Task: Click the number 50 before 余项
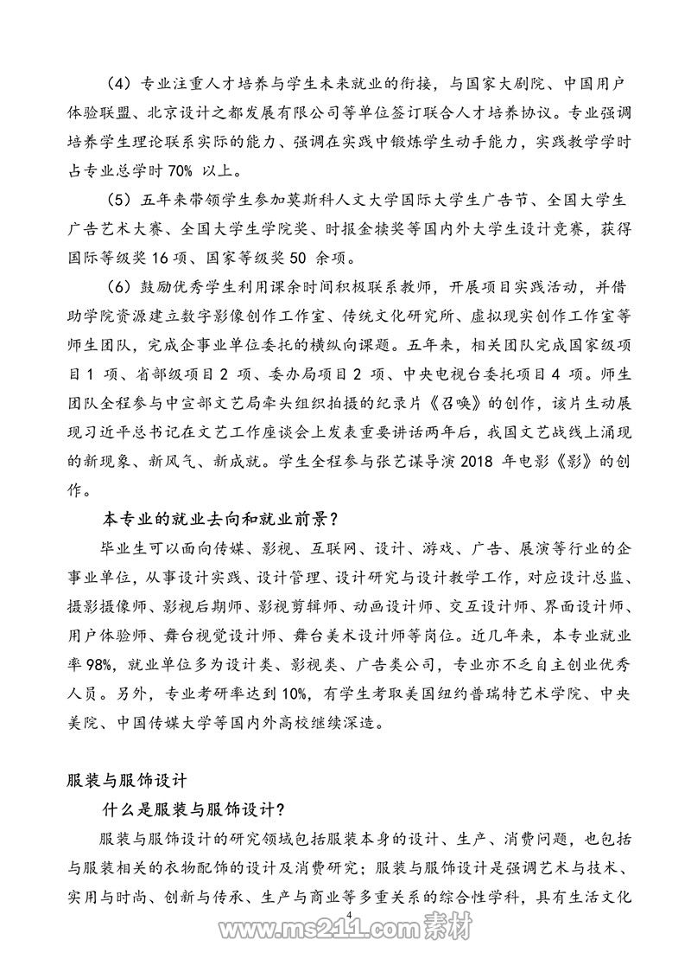304,259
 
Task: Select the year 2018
479,459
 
